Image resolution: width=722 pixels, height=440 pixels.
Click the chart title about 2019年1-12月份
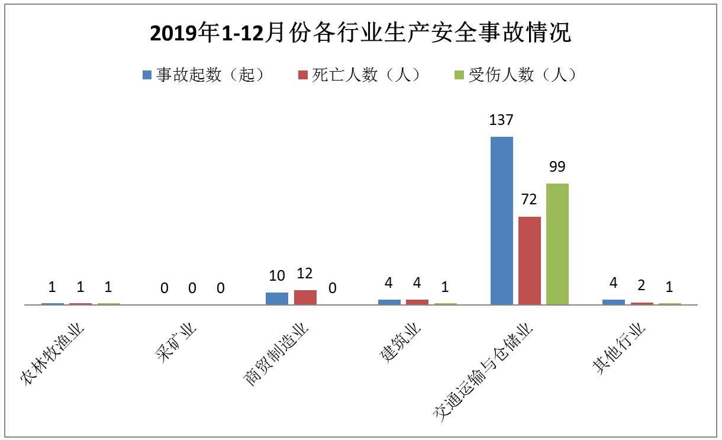[360, 34]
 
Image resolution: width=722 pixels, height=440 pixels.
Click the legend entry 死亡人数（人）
[360, 75]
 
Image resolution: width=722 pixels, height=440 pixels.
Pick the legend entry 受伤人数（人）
[515, 75]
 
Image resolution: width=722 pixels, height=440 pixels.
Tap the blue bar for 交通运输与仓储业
[501, 220]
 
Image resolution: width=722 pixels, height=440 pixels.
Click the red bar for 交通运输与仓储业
[529, 261]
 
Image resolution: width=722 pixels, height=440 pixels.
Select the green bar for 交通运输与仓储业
[557, 244]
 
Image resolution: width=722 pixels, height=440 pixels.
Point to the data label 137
[501, 120]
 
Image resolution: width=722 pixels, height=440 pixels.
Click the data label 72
[529, 200]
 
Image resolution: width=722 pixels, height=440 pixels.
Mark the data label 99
[557, 167]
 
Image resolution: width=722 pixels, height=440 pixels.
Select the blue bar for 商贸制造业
[277, 298]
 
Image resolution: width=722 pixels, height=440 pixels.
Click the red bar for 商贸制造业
[305, 297]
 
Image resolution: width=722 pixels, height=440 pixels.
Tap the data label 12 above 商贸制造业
[305, 274]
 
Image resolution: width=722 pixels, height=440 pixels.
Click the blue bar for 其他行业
[613, 302]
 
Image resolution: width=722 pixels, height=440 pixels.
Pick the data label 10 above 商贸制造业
[277, 276]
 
